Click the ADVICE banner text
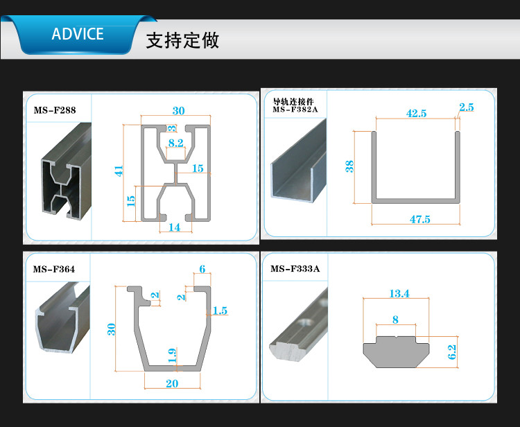(x=78, y=34)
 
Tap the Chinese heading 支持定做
(x=182, y=40)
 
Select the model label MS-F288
(x=55, y=110)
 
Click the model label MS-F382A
(x=295, y=110)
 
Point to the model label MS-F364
(x=54, y=269)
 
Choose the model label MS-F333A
(x=295, y=268)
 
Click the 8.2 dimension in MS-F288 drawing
(x=176, y=143)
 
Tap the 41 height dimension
(x=119, y=171)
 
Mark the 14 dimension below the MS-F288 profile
(x=175, y=227)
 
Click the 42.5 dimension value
(x=417, y=114)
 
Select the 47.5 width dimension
(x=420, y=219)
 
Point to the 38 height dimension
(x=349, y=166)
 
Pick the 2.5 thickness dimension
(x=467, y=107)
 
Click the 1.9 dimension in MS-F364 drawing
(x=172, y=356)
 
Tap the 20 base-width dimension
(x=172, y=383)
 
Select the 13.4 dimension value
(x=399, y=293)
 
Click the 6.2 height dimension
(x=452, y=352)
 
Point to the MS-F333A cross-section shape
(x=396, y=353)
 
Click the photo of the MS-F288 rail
(x=67, y=171)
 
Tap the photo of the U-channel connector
(x=298, y=161)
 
